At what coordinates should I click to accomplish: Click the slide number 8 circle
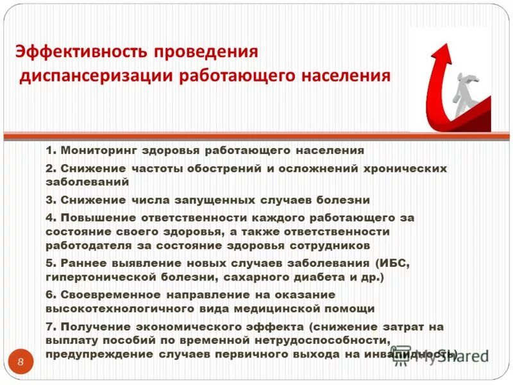[x=21, y=363]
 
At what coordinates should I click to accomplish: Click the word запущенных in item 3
[x=219, y=200]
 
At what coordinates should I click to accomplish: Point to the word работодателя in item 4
[x=87, y=245]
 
